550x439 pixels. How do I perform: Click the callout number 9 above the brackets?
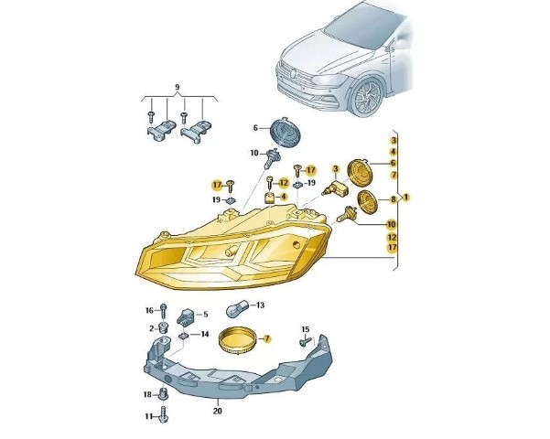coord(178,87)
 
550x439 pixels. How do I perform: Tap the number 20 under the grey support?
coord(218,411)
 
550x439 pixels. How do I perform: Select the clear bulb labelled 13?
coord(237,309)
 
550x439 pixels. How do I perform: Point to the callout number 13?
coord(260,305)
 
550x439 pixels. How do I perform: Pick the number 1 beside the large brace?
coord(406,197)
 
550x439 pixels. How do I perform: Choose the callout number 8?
coord(394,199)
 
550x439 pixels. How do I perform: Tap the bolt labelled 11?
coord(163,415)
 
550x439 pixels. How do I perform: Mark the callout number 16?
coord(149,310)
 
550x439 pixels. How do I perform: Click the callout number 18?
coord(147,394)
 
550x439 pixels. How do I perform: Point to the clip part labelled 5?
coord(186,316)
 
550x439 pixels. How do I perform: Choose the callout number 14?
coord(205,334)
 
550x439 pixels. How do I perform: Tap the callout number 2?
coord(152,328)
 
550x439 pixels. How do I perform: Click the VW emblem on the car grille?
coord(294,74)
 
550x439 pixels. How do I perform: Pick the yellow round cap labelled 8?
coord(367,201)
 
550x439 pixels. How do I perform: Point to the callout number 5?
coord(206,315)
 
